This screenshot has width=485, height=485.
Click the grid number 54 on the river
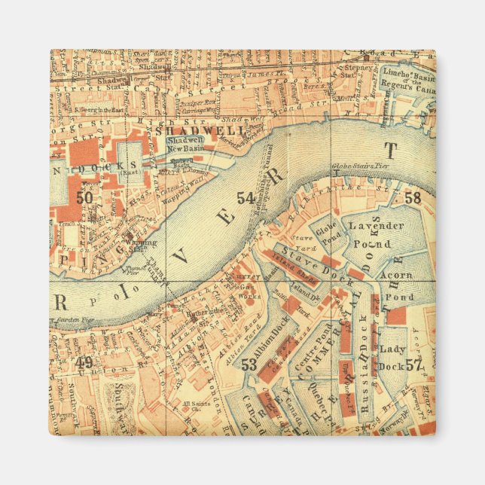coord(245,198)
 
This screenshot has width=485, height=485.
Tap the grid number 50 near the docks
coord(85,197)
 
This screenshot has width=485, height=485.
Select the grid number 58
coord(413,198)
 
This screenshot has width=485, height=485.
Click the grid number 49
coord(85,363)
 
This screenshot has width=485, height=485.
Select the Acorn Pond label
coord(395,285)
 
